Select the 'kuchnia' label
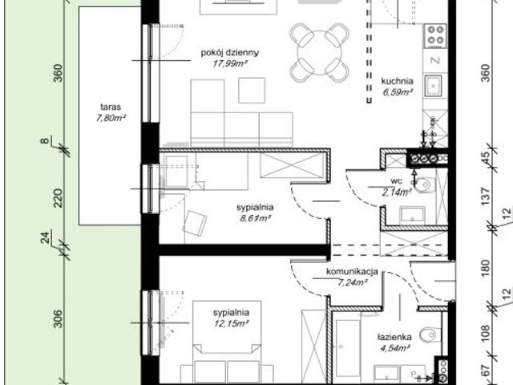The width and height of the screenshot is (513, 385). click(x=397, y=81)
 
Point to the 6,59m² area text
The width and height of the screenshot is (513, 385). click(x=397, y=92)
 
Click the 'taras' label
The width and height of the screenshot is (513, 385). click(x=110, y=107)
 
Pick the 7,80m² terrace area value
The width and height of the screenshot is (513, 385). click(x=110, y=118)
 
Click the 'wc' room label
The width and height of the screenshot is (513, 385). click(x=397, y=181)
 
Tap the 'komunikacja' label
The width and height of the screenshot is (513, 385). click(x=352, y=272)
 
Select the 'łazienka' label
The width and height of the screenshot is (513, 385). click(x=395, y=338)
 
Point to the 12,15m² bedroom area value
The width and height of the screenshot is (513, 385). click(x=232, y=322)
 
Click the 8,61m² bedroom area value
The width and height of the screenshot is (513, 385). click(x=254, y=217)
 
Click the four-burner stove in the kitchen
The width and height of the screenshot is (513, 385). click(x=435, y=34)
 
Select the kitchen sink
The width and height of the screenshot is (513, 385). click(x=435, y=85)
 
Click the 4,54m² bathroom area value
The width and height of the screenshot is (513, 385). click(x=395, y=349)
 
